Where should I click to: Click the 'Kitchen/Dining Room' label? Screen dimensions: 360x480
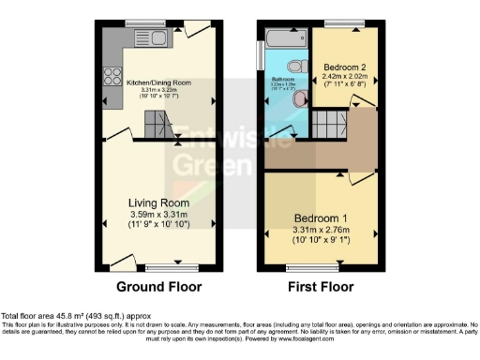tap(159, 82)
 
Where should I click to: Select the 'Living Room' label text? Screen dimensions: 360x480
tap(159, 203)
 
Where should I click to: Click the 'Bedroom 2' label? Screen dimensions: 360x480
tap(345, 67)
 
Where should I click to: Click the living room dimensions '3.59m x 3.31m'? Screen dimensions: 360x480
tap(159, 217)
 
